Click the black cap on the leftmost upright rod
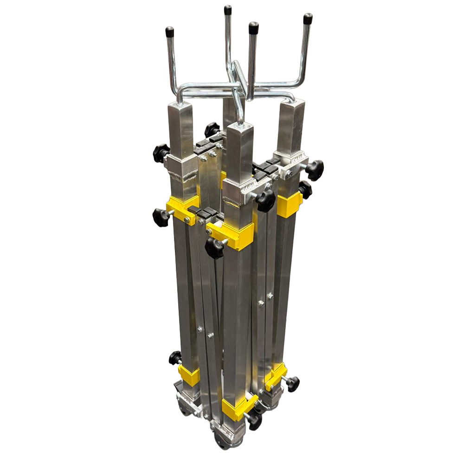(x=170, y=32)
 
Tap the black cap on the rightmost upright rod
(x=308, y=19)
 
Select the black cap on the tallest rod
(x=228, y=10)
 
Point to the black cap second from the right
(x=253, y=28)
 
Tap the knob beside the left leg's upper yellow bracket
(x=161, y=217)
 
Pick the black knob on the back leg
(x=212, y=129)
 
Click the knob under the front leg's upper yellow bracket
(x=214, y=248)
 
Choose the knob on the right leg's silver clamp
(x=315, y=170)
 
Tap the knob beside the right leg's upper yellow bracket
(x=305, y=189)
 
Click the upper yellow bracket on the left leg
(x=182, y=207)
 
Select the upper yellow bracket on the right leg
(x=289, y=205)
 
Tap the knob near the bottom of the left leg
(x=175, y=357)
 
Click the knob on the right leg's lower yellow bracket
(x=292, y=383)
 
